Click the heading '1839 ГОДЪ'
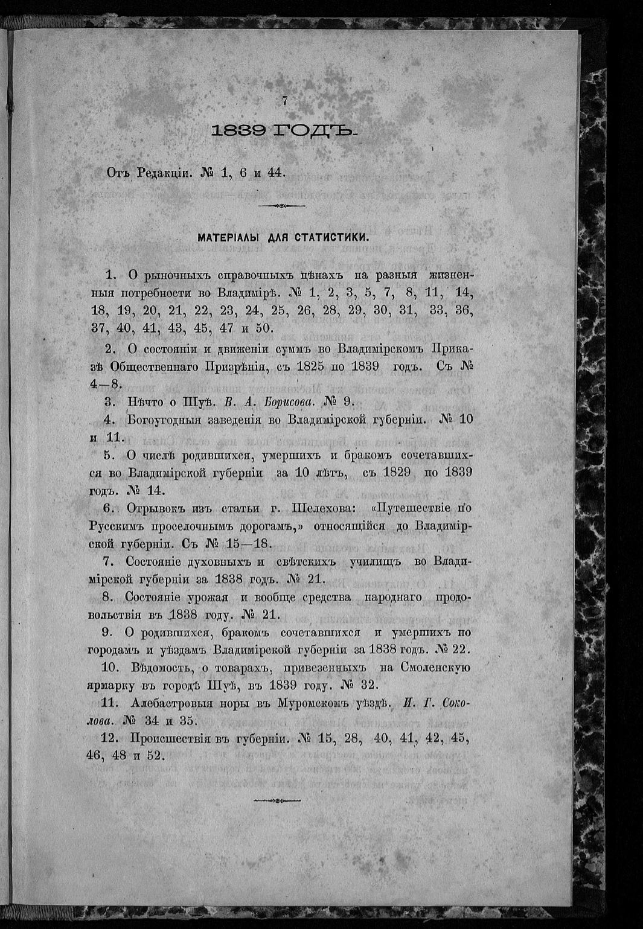285,131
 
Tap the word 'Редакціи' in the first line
162,173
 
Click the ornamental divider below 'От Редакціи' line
280,206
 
